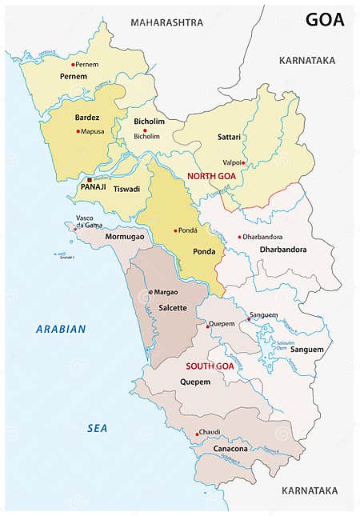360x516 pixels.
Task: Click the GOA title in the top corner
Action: (x=324, y=20)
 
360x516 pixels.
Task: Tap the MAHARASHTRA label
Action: (x=167, y=22)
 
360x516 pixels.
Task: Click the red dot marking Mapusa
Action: (x=78, y=131)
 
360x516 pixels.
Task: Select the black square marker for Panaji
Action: (x=90, y=179)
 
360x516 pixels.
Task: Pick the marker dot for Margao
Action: (x=150, y=293)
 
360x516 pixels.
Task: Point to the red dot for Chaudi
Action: (x=197, y=434)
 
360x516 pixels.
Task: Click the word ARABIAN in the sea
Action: (x=61, y=329)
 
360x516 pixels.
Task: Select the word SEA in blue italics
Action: (x=97, y=429)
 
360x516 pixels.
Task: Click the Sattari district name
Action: (x=229, y=138)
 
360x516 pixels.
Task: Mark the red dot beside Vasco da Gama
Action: (x=76, y=228)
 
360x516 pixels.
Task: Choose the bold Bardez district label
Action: (x=87, y=118)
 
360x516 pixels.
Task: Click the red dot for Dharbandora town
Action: (x=239, y=237)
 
